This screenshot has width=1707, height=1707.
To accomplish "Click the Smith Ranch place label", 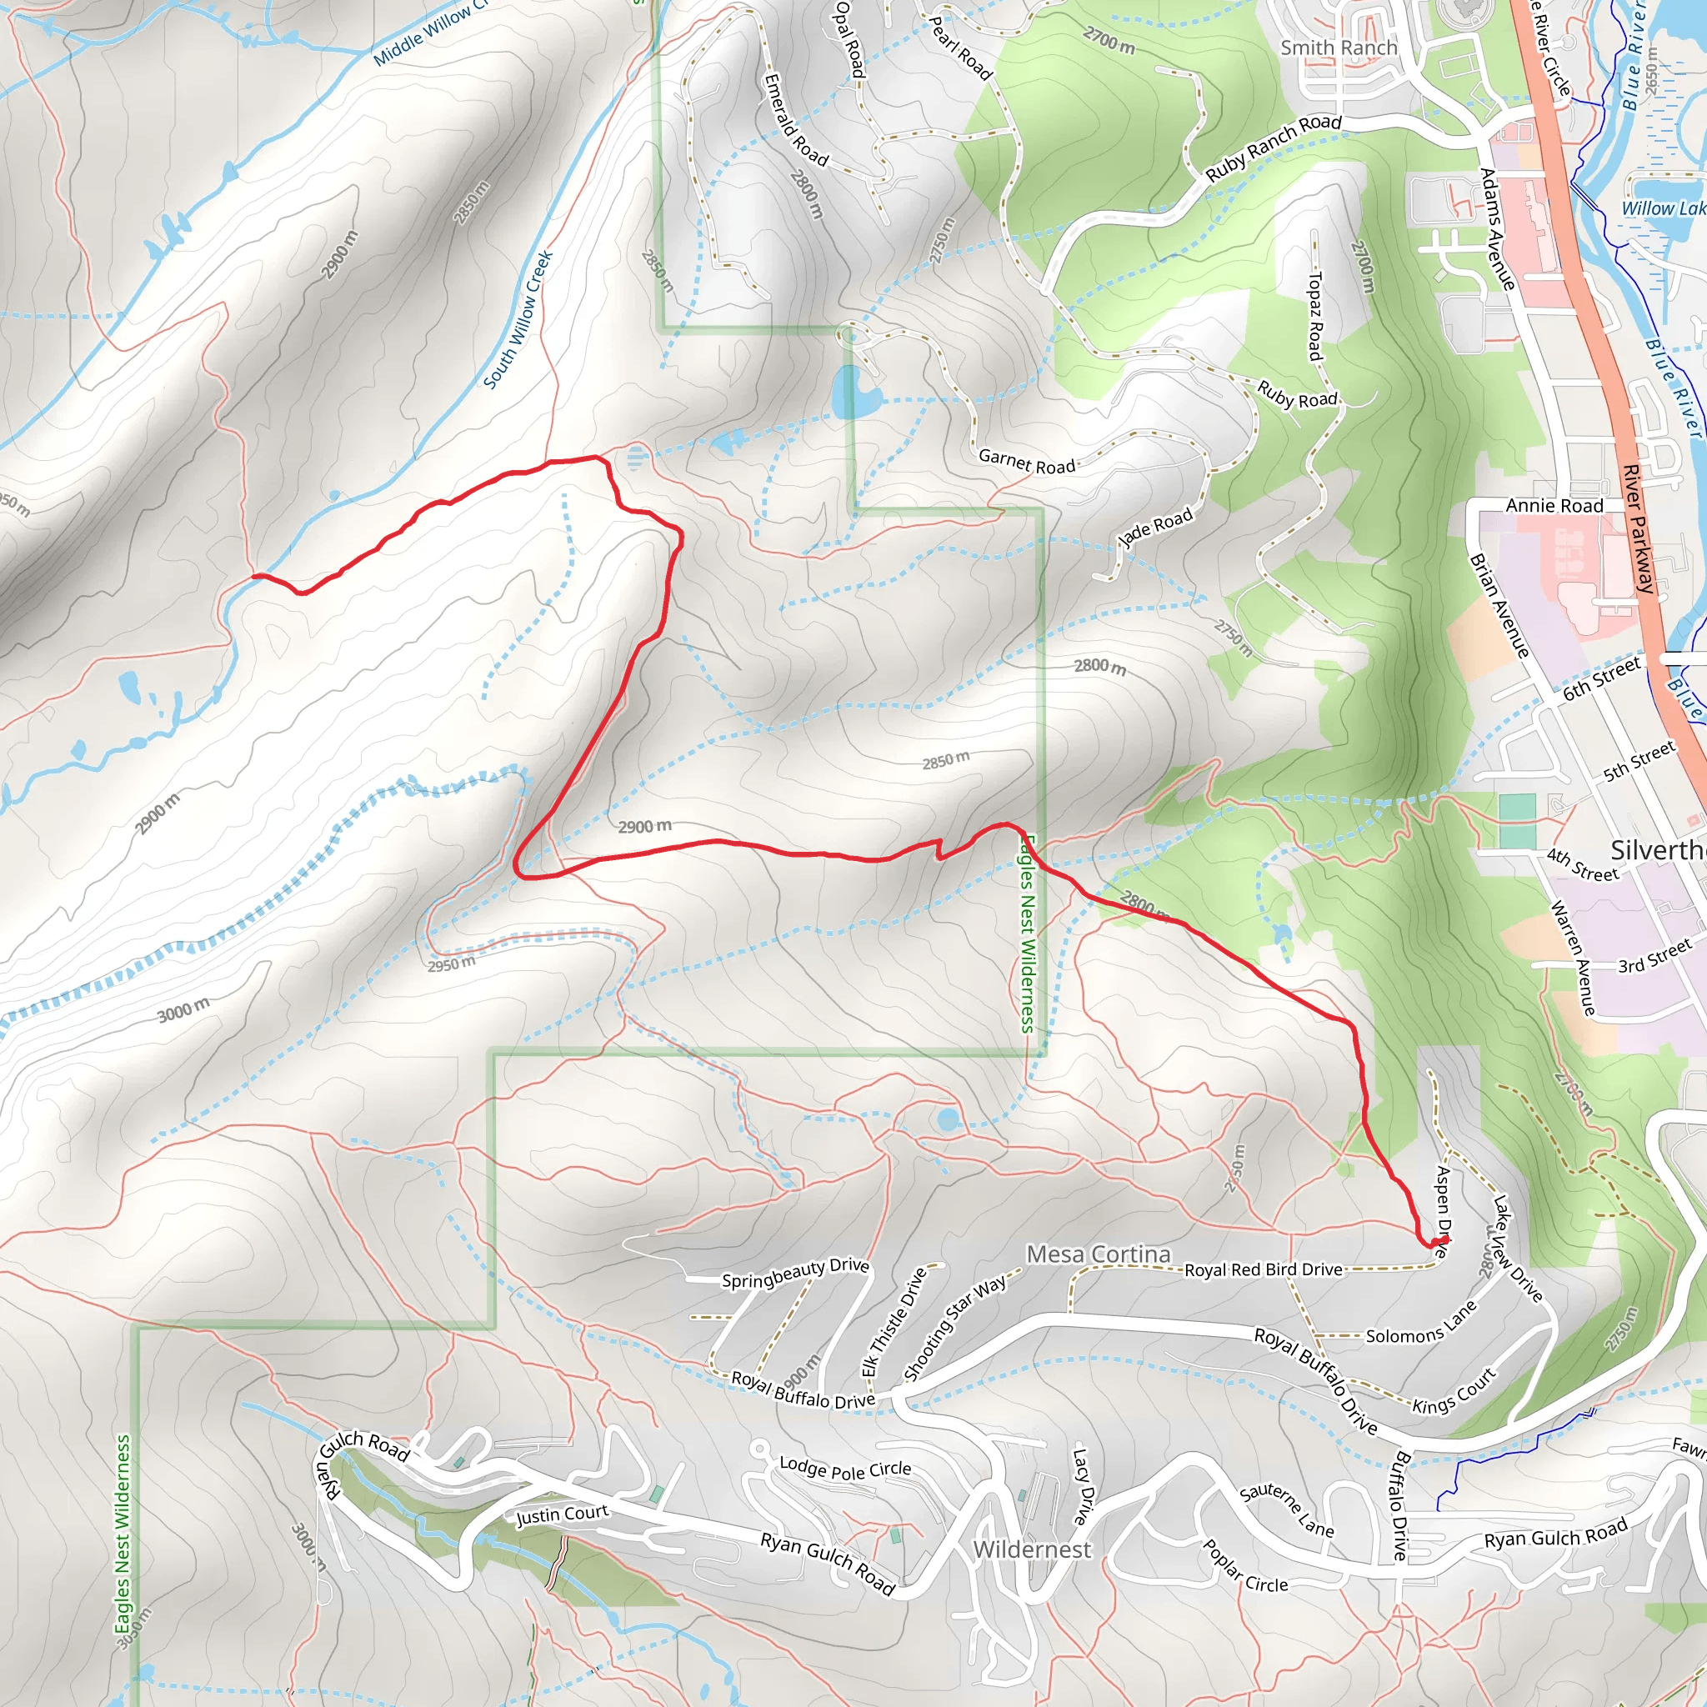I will click(x=1339, y=48).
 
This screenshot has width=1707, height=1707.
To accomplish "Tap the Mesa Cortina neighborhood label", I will click(x=1098, y=1254).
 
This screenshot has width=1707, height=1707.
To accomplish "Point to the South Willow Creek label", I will click(x=518, y=319).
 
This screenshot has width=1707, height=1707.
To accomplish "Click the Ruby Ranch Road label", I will click(x=1274, y=148).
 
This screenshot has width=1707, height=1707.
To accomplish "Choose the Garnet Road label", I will click(x=1026, y=461).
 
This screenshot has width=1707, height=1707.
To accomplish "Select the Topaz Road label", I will click(x=1314, y=316).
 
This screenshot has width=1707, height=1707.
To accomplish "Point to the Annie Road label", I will click(x=1554, y=505).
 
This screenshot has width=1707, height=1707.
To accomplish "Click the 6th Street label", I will click(x=1601, y=678).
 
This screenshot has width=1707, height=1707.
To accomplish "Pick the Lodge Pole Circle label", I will click(x=844, y=1469).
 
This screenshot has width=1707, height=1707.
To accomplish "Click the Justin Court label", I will click(x=562, y=1514).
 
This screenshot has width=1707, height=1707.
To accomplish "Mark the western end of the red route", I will click(x=254, y=576).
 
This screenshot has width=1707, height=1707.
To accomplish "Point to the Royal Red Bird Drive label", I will click(x=1263, y=1269).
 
